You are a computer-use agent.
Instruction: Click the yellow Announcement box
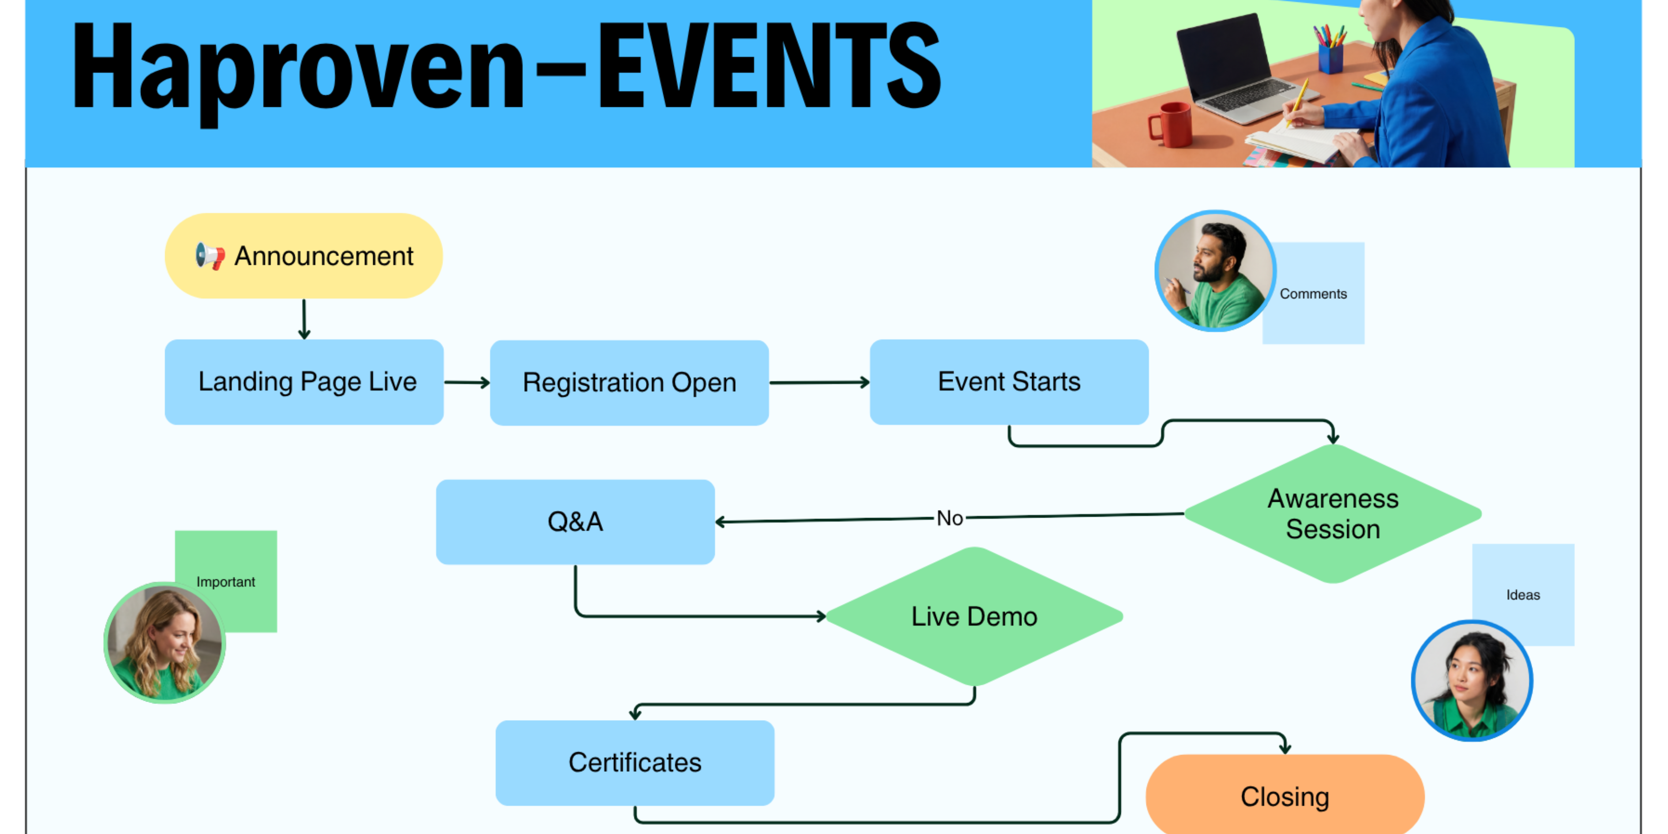304,256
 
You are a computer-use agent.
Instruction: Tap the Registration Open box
629,383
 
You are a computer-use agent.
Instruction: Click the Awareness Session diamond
1333,514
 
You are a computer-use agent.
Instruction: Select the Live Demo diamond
974,616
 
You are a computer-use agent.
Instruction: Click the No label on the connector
950,518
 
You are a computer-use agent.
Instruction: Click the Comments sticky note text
1313,294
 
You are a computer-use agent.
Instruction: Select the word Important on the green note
226,582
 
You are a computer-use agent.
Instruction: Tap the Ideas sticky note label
1523,595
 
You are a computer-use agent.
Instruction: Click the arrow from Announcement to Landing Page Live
304,319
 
